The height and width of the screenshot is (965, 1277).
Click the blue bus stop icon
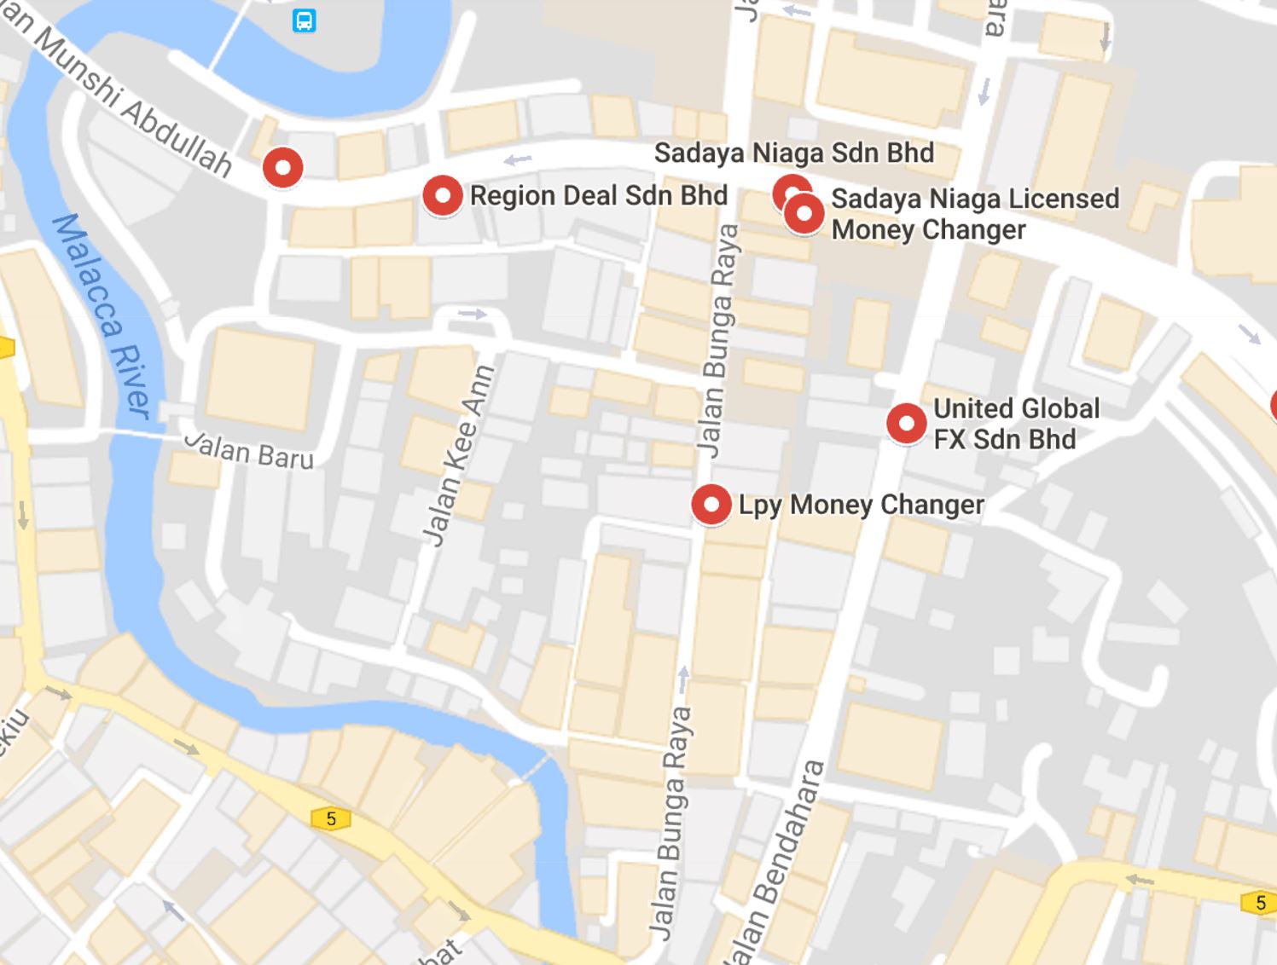[x=304, y=20]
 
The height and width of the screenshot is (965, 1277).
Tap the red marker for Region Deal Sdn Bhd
[x=442, y=195]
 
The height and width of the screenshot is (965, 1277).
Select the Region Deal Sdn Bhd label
[x=598, y=195]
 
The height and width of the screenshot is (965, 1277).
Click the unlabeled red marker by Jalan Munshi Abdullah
[x=282, y=167]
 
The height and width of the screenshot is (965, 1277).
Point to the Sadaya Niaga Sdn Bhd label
[x=793, y=153]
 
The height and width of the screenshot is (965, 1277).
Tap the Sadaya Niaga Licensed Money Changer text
[x=974, y=214]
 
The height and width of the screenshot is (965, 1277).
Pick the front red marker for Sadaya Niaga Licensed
[x=804, y=213]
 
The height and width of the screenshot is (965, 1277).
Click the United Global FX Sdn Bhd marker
[x=906, y=423]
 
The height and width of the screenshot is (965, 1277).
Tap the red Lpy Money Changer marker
[x=711, y=505]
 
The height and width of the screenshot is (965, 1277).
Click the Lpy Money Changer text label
[x=861, y=505]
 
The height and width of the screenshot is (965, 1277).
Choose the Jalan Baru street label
[x=250, y=451]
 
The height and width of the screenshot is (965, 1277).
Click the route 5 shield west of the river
[x=331, y=819]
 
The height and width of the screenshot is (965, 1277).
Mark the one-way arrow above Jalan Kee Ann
[x=472, y=314]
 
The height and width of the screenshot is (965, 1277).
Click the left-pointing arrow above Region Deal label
[x=517, y=159]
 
